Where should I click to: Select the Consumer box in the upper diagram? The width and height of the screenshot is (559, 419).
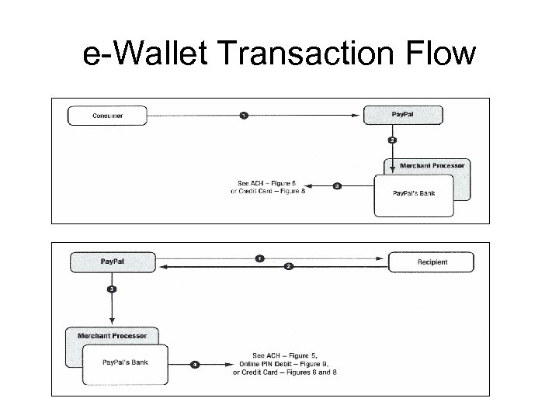pos(107,116)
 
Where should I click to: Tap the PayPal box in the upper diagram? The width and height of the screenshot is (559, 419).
pos(404,116)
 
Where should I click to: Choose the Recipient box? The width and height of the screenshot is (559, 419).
pos(430,262)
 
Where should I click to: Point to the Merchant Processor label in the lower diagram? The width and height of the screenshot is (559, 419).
pos(112,336)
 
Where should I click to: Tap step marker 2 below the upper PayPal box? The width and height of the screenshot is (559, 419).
pos(393,140)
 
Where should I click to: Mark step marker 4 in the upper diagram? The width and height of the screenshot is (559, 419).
pos(336,186)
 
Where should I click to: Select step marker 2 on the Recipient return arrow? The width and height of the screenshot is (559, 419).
pos(288,267)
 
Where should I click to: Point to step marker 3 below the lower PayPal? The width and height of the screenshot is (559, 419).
pos(112,289)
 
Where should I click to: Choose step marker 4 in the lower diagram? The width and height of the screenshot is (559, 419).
pos(194,363)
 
